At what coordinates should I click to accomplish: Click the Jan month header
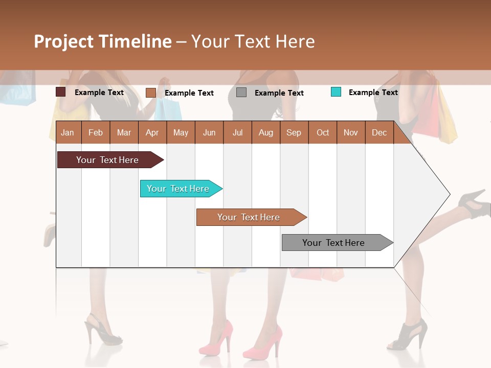coord(68,132)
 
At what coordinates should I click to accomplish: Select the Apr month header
coord(152,132)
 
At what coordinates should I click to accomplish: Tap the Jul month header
coord(237,132)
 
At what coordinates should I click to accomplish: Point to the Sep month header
coord(294,132)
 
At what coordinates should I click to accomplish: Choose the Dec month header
coord(379,132)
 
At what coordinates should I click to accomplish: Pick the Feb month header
coord(96,132)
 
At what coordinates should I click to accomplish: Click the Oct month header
coord(323,132)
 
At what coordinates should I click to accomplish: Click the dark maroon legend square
coord(61,92)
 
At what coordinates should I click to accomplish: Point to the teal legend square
coord(336,92)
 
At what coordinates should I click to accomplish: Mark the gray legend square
coord(241,93)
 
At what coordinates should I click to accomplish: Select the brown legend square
coord(151,93)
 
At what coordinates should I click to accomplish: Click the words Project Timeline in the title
coord(103,41)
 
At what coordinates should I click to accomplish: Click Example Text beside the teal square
coord(373,93)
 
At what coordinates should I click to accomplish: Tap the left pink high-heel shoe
coord(216,340)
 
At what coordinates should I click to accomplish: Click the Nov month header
coord(351,132)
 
